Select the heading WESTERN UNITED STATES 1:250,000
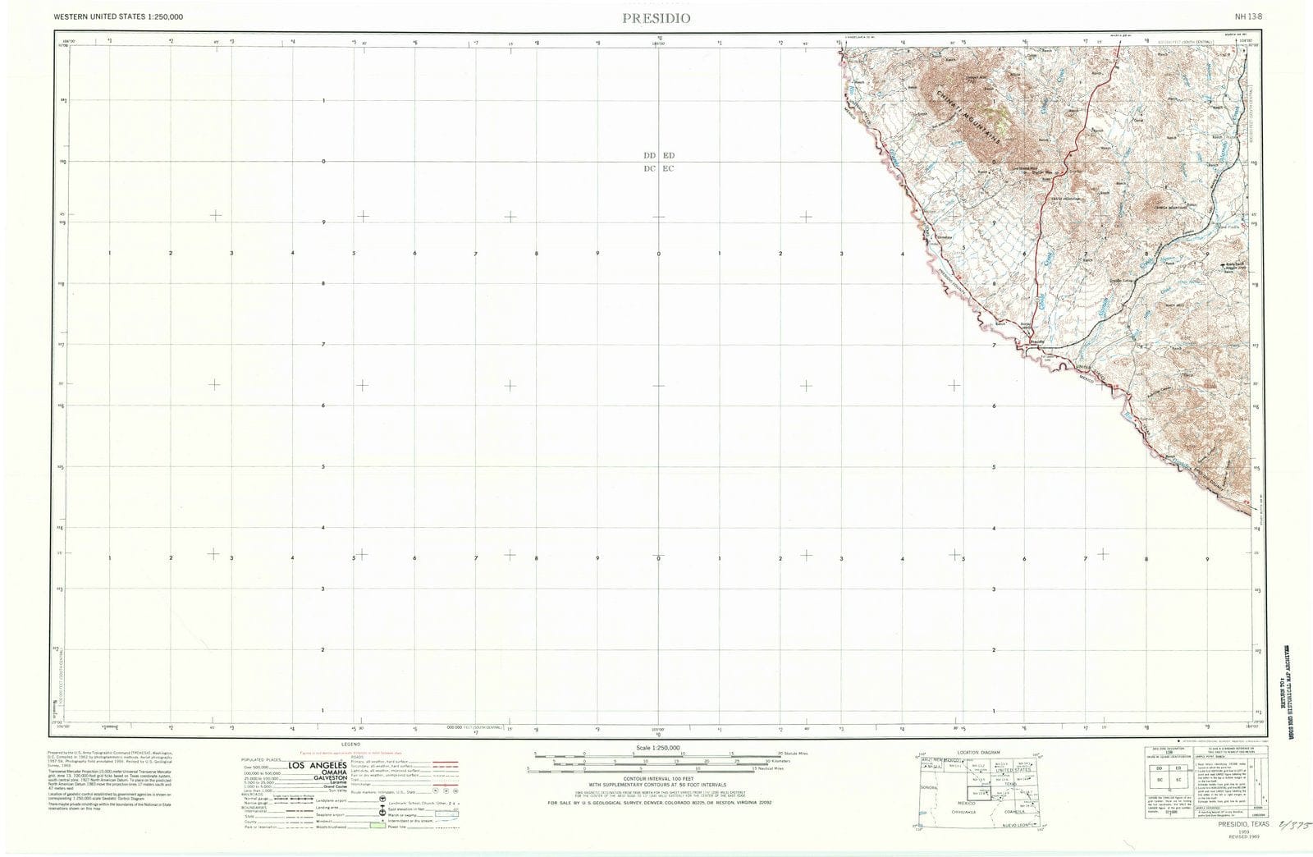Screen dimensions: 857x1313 click(118, 16)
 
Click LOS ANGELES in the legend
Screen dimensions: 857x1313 click(317, 766)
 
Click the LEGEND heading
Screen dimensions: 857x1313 click(350, 744)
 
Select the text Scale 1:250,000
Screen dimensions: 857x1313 click(658, 748)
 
